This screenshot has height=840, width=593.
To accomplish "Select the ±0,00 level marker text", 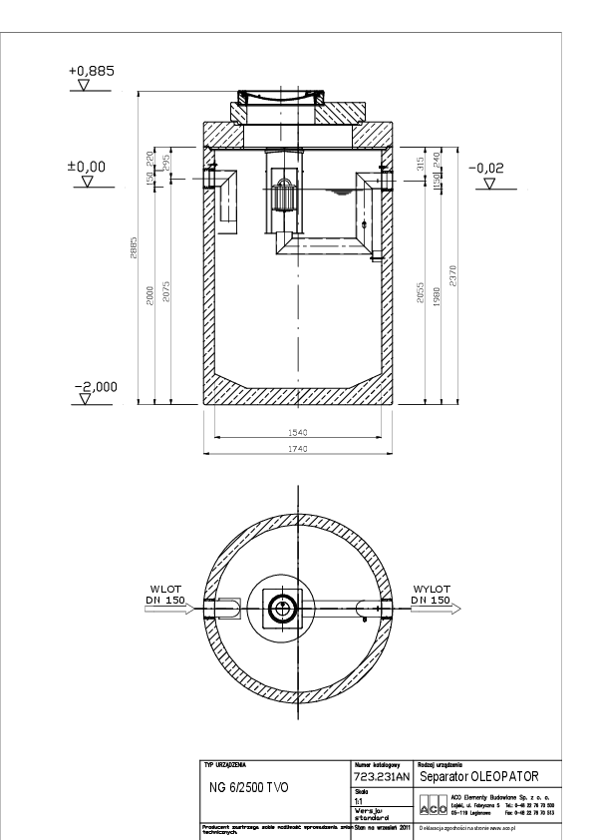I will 87,168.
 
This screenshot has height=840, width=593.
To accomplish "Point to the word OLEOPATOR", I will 498,775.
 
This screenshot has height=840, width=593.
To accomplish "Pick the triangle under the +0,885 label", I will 84,86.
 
